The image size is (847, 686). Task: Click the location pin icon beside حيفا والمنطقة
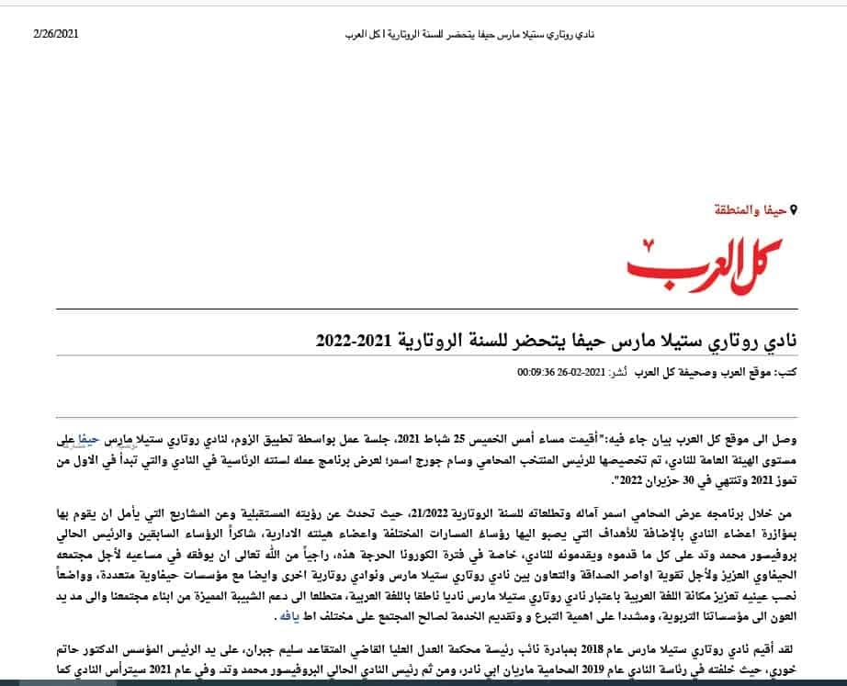[x=793, y=210]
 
